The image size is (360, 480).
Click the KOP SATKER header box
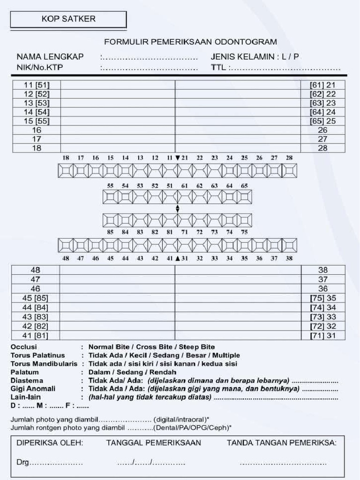68,19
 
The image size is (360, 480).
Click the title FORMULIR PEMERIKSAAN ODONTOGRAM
190,42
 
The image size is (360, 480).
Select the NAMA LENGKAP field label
50,57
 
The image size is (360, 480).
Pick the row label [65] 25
322,121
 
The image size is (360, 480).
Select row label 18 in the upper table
37,148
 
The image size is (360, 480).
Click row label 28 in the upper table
322,148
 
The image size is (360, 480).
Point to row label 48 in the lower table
35,270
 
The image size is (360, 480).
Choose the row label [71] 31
322,335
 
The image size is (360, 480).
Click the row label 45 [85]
35,298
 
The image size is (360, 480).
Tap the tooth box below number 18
66,170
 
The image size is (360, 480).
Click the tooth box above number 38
289,245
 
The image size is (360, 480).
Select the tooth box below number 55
111,197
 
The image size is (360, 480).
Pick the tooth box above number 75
244,220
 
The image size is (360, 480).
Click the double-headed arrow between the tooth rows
177,209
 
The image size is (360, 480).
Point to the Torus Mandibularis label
44,364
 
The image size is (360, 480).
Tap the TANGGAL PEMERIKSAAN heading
153,442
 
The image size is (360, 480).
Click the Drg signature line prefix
22,463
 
